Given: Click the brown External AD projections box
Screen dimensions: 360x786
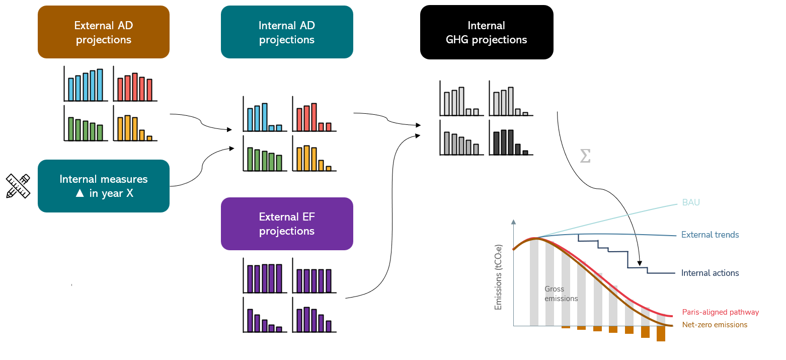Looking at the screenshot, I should tap(103, 32).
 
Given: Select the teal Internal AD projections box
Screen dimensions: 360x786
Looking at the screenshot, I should tap(287, 32).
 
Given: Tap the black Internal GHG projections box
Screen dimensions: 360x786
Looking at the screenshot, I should tap(486, 32).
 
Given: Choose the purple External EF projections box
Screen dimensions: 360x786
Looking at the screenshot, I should tap(287, 224).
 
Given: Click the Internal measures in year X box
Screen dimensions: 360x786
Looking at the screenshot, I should tap(103, 186).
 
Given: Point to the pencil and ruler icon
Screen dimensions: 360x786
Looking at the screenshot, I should tap(18, 186).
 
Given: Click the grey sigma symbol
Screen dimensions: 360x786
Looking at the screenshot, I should tap(585, 156).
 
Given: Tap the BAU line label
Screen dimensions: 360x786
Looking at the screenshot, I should tap(691, 202).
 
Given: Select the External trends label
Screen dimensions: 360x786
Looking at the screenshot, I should tap(710, 235).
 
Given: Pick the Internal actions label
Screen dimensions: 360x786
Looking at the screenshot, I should tap(710, 273).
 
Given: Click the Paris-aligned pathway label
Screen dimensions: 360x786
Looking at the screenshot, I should tap(720, 312).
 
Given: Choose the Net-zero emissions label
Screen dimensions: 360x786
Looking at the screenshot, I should tap(715, 325).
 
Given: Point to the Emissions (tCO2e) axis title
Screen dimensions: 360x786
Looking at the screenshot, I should tap(499, 277).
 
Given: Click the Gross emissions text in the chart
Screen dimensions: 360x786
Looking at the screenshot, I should tap(561, 294).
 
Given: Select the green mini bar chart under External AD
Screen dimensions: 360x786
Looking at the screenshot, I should tap(84, 123).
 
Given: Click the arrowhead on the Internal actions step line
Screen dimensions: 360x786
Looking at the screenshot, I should tap(640, 263).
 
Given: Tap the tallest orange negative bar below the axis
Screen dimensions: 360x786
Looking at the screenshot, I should tap(661, 334).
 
